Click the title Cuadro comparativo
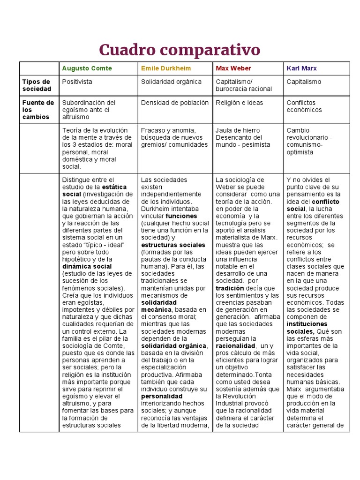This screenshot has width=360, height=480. pos(180,49)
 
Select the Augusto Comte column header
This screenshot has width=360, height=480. pos(87,68)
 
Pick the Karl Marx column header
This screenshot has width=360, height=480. pos(301,68)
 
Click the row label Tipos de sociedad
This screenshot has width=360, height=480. pos(36,85)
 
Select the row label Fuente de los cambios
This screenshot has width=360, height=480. pos(38,110)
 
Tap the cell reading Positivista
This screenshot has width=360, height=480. pos(77,82)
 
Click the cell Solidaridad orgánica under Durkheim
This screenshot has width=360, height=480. pos(171,82)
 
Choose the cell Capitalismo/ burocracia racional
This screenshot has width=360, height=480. pos(244,85)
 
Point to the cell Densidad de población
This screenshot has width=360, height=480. pos(175,103)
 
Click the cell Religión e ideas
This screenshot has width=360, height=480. pos(240,103)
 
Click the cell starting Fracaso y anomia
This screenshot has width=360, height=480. pos(174,137)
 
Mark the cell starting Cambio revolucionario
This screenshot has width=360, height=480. pos(309,141)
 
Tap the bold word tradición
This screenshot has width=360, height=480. pos(230,288)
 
